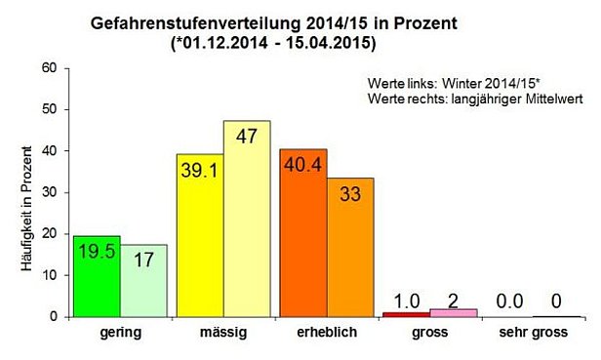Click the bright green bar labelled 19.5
click(x=97, y=277)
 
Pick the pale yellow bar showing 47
click(x=246, y=220)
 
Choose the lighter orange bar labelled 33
click(x=349, y=248)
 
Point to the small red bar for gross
click(x=406, y=314)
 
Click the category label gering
click(x=120, y=333)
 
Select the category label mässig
click(x=222, y=333)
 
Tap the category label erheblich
click(x=326, y=333)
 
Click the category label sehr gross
click(x=534, y=333)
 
